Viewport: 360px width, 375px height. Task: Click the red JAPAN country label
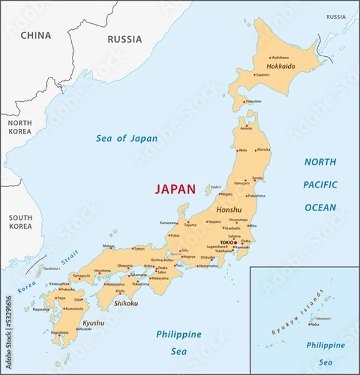[x=175, y=189]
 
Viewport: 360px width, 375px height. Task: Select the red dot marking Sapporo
[x=254, y=74]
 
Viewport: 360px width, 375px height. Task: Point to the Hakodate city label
[x=254, y=101]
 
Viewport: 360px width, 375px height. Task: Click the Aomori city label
[x=246, y=128]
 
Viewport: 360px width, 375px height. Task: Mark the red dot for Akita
[x=237, y=150]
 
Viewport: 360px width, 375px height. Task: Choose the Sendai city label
[x=257, y=178]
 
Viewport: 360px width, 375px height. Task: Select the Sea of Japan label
[x=127, y=138]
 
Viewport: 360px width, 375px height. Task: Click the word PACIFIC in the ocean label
[x=320, y=184]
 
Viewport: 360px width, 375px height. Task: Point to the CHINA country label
[x=36, y=36]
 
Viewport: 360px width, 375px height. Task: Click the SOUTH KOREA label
[x=20, y=221]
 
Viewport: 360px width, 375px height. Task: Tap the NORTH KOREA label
[x=20, y=127]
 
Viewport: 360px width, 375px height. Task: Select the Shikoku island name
[x=125, y=303]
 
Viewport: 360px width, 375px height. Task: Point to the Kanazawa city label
[x=168, y=222]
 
